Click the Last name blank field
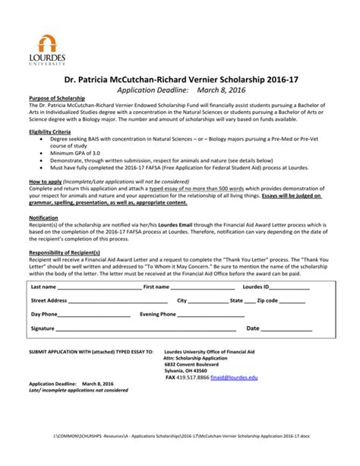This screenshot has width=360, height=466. pos(99,288)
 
